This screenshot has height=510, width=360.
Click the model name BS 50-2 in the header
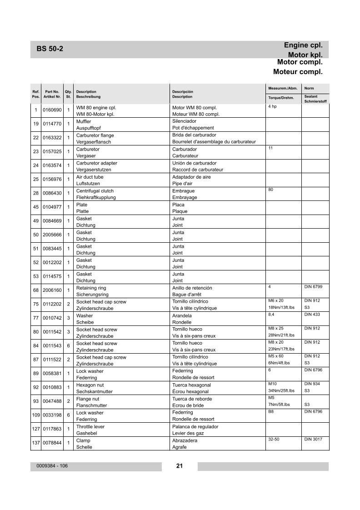point(50,49)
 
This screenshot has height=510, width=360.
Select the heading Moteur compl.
point(298,72)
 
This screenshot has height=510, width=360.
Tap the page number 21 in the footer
point(179,465)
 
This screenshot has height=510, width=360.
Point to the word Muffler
point(84,121)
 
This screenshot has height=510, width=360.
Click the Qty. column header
point(68,92)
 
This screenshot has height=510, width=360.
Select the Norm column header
point(309,88)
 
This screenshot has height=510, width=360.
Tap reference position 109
point(36,415)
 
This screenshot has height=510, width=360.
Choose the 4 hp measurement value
point(272,106)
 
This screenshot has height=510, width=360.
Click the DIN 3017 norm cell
point(313,440)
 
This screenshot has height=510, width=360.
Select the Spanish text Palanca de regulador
point(195,427)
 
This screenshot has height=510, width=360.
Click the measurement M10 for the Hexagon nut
point(272,384)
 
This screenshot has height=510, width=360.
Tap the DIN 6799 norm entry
point(313,287)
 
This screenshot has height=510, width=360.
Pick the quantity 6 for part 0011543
point(68,346)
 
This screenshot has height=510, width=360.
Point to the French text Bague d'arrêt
point(189,295)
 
